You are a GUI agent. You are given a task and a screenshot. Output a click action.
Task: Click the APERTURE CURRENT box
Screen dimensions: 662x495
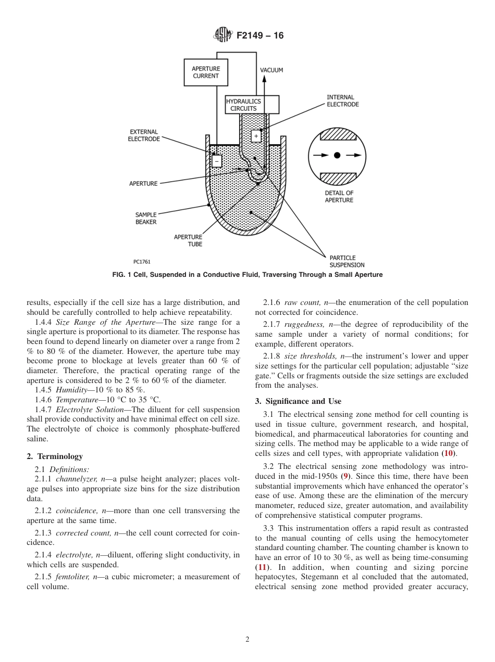[205, 72]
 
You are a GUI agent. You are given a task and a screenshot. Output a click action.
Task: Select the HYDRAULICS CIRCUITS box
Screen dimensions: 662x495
[252, 105]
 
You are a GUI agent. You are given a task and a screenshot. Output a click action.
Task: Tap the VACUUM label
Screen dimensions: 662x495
[271, 70]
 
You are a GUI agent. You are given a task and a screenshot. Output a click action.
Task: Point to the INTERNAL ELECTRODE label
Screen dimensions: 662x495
[342, 100]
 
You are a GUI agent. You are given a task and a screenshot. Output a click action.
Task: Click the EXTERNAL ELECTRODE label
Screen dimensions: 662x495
[144, 136]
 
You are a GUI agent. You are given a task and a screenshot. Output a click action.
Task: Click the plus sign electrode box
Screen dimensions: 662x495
[256, 136]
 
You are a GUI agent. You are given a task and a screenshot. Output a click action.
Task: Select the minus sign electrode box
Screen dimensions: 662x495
[217, 161]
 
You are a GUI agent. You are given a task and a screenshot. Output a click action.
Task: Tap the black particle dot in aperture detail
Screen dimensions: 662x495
[337, 155]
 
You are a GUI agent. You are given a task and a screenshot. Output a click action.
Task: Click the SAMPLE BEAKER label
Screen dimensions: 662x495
[146, 218]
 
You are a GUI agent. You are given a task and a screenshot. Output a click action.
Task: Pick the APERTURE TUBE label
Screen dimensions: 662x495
[188, 240]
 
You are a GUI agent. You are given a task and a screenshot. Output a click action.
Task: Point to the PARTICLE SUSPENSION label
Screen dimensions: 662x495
[347, 261]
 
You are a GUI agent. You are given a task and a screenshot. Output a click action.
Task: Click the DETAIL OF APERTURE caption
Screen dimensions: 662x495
[339, 197]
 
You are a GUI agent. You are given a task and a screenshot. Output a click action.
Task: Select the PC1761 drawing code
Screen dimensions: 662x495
[142, 262]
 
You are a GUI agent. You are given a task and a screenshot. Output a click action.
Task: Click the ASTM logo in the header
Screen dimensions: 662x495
[222, 35]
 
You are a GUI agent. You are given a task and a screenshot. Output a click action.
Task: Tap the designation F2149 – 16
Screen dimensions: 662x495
[259, 36]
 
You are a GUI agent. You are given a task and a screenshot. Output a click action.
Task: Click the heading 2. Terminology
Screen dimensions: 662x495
[55, 456]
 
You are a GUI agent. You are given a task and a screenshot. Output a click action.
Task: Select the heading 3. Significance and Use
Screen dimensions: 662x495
[298, 401]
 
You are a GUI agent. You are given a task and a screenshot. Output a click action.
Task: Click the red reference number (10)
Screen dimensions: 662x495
[448, 453]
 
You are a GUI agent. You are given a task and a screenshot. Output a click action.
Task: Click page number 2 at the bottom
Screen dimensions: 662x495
[247, 640]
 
